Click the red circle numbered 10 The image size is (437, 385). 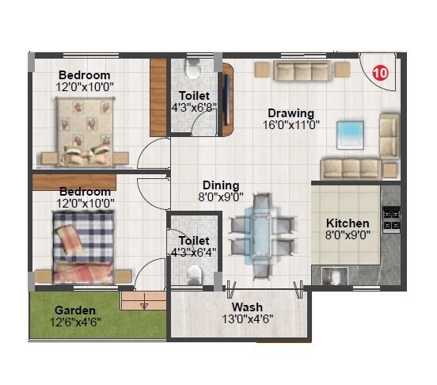tap(380, 72)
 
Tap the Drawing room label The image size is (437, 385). tap(291, 112)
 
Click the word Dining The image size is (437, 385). tap(220, 185)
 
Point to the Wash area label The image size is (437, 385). tap(247, 307)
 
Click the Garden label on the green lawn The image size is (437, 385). tap(75, 309)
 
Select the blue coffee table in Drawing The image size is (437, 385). tap(349, 133)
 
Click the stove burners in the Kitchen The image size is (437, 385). tap(390, 219)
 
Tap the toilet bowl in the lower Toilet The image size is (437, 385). tap(195, 273)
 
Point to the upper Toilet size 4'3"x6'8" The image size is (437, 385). tap(194, 108)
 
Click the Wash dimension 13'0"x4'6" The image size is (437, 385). tap(247, 319)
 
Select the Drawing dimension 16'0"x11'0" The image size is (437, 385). tap(291, 124)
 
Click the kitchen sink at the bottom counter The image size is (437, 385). tap(336, 276)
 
